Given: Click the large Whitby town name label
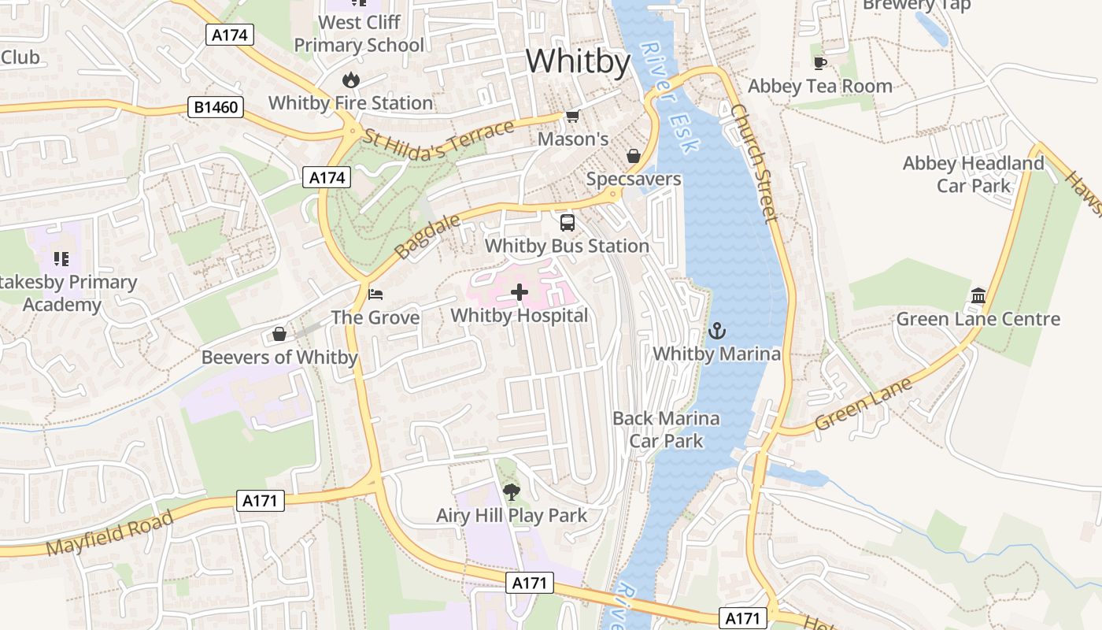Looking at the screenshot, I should pyautogui.click(x=579, y=61).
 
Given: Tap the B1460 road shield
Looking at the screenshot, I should pyautogui.click(x=216, y=107).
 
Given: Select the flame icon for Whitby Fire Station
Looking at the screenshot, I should pyautogui.click(x=351, y=80).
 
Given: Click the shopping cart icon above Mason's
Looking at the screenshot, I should pyautogui.click(x=572, y=117).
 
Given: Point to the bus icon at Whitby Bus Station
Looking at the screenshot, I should pyautogui.click(x=567, y=223).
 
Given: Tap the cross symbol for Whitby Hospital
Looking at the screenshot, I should pyautogui.click(x=520, y=293).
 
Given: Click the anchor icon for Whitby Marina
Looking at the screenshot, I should pyautogui.click(x=716, y=331).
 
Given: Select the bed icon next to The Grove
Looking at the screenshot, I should pyautogui.click(x=376, y=295).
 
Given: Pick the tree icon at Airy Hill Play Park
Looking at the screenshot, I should pyautogui.click(x=512, y=493).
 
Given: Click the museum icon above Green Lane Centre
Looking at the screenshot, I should pyautogui.click(x=978, y=296).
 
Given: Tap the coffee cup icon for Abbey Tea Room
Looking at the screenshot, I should pyautogui.click(x=820, y=63).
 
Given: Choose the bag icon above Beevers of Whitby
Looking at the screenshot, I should pyautogui.click(x=279, y=335).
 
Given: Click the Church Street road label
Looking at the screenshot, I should pyautogui.click(x=753, y=163).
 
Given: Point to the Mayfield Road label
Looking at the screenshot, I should pyautogui.click(x=109, y=533).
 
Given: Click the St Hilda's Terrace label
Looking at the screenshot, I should pyautogui.click(x=438, y=142).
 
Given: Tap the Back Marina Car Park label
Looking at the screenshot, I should pyautogui.click(x=666, y=429).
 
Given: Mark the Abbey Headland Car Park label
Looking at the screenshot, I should pyautogui.click(x=974, y=174).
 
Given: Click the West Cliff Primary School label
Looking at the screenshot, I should pyautogui.click(x=359, y=34).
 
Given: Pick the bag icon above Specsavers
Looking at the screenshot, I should pyautogui.click(x=633, y=156).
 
